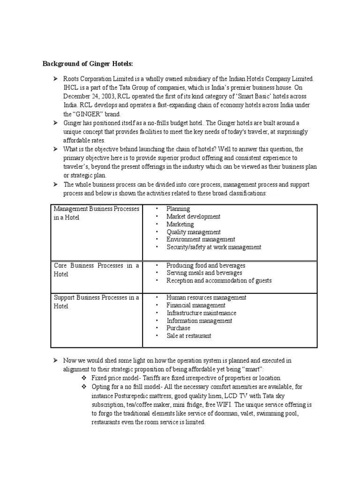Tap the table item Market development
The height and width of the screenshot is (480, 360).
(x=193, y=217)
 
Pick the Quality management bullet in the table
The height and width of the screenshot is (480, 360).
(x=193, y=232)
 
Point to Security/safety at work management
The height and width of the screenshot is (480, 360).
(x=214, y=247)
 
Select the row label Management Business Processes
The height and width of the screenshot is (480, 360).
(x=96, y=209)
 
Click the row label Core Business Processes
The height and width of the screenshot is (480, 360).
(x=96, y=266)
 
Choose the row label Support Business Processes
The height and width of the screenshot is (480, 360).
(x=96, y=298)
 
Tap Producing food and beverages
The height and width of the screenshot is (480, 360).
(x=206, y=265)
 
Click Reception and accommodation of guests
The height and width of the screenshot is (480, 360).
(x=219, y=280)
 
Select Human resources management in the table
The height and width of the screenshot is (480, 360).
(x=206, y=298)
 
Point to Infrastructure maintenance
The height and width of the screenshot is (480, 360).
(x=201, y=313)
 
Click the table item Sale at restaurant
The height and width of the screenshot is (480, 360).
(x=188, y=336)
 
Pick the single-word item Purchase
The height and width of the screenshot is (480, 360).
(x=178, y=328)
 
